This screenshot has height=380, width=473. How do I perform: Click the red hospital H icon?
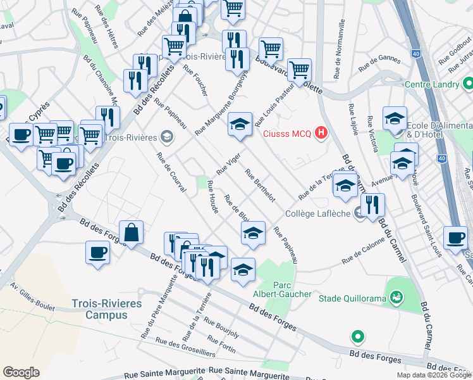[x=322, y=132]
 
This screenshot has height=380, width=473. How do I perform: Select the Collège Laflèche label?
[x=321, y=213]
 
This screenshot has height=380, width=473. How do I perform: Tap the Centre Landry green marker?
[x=467, y=83]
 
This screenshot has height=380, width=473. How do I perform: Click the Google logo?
[x=21, y=372]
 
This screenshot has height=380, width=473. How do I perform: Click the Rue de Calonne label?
[x=364, y=252]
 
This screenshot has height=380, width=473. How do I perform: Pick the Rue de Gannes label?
[x=379, y=63]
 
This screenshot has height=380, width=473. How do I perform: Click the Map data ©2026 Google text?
[x=434, y=375]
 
